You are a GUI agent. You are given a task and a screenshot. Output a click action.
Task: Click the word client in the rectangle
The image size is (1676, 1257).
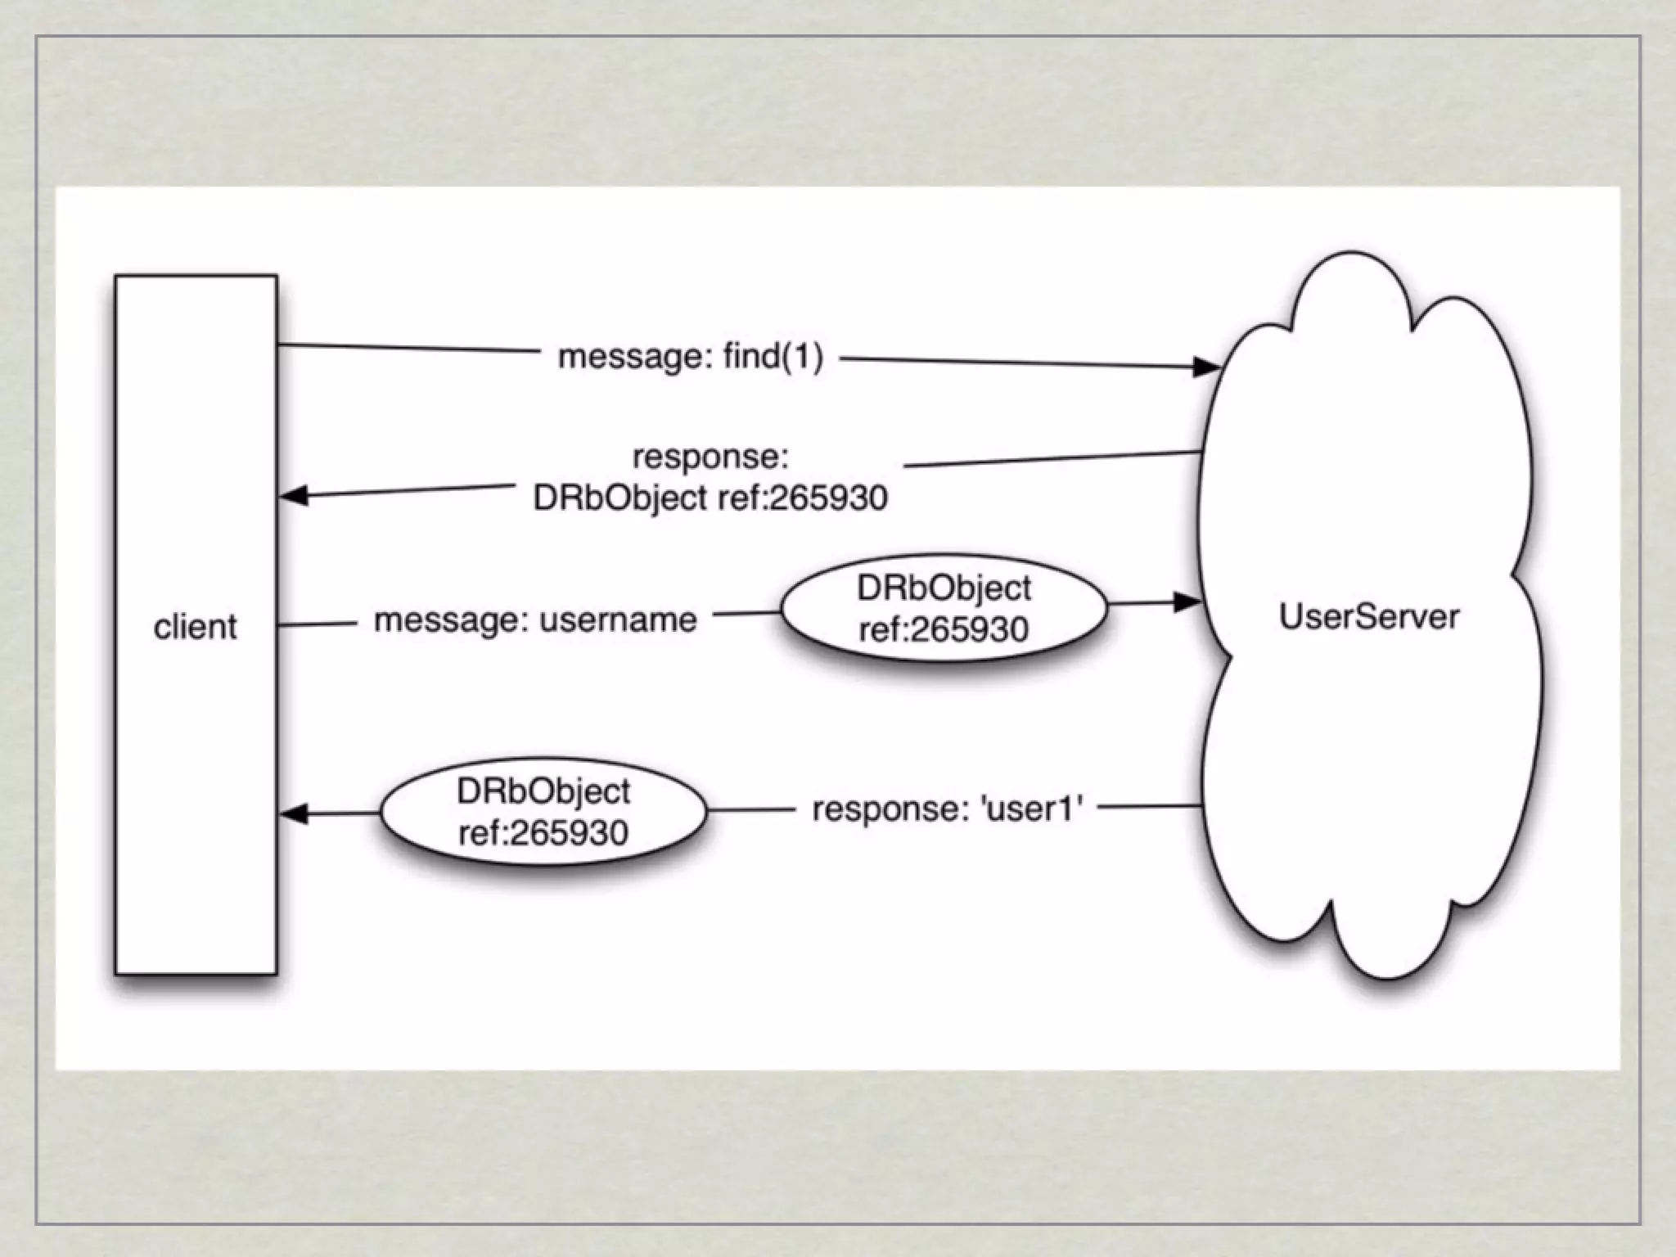[195, 627]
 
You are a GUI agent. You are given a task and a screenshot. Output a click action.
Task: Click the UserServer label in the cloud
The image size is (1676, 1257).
[1369, 616]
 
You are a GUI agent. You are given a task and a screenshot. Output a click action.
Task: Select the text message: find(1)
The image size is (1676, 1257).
[690, 357]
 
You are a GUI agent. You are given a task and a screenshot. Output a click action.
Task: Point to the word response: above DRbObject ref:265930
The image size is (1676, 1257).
[710, 457]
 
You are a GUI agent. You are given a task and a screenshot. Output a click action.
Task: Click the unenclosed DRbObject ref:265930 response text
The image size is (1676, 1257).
[710, 498]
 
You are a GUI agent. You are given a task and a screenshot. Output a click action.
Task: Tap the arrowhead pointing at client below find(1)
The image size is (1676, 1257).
[294, 495]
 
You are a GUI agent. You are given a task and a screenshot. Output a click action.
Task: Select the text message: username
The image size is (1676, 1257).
[535, 619]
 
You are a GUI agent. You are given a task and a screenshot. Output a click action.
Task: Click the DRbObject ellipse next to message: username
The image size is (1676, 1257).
[944, 609]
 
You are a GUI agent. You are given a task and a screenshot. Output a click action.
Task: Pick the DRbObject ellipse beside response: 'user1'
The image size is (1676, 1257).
[543, 813]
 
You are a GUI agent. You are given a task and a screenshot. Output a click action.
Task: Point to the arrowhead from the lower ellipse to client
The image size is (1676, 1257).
[294, 813]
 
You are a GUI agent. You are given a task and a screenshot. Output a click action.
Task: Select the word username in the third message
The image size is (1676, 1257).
[618, 619]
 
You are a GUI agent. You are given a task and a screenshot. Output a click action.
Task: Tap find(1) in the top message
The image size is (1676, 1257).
[773, 357]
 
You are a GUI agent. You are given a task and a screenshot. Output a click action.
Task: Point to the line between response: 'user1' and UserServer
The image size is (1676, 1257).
[1149, 807]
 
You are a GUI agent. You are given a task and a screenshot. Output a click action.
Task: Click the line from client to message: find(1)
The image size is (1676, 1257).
[409, 349]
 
